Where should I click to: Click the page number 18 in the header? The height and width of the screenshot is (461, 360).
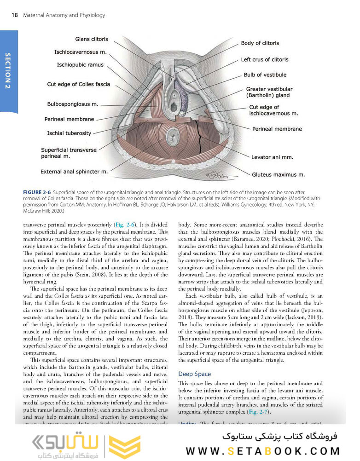(x=14, y=15)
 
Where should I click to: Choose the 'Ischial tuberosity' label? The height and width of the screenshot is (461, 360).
(x=69, y=133)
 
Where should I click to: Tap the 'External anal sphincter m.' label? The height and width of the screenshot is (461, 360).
(x=74, y=172)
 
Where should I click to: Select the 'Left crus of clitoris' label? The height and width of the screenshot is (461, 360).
(x=265, y=59)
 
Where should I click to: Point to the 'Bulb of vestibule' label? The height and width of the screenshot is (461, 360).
(x=265, y=75)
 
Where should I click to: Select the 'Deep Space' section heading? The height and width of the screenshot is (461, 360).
(x=194, y=374)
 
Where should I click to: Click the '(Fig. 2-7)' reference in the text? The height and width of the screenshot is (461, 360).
(x=259, y=411)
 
